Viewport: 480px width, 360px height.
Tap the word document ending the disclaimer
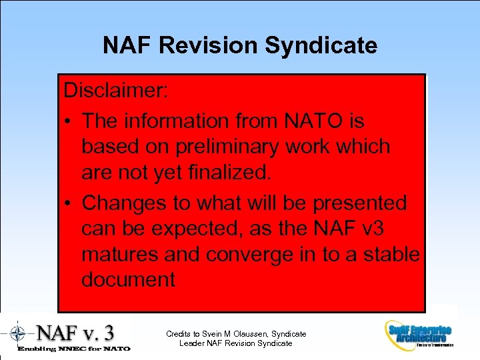pyautogui.click(x=128, y=279)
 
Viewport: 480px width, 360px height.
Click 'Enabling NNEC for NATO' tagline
pyautogui.click(x=73, y=348)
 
